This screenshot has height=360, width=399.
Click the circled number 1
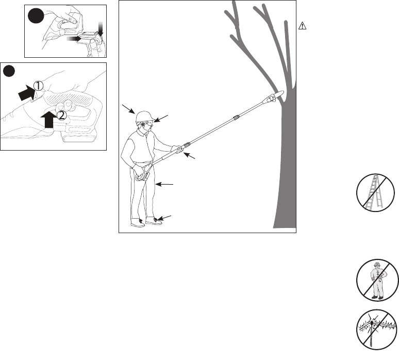pyautogui.click(x=38, y=86)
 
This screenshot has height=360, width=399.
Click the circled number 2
pyautogui.click(x=61, y=116)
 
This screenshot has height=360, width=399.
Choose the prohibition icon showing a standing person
pyautogui.click(x=372, y=282)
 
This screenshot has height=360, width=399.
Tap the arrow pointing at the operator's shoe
pyautogui.click(x=165, y=217)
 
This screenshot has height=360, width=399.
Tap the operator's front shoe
pyautogui.click(x=153, y=222)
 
